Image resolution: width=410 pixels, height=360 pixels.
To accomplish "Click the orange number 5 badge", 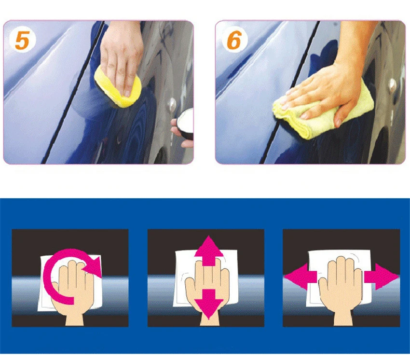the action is [22, 41].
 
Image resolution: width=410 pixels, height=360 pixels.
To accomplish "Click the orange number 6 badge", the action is [234, 40].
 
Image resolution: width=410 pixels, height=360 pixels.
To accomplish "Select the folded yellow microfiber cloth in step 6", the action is [324, 112].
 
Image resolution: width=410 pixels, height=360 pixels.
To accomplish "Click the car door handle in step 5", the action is [172, 105].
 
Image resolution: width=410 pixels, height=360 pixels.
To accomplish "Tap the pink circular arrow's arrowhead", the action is [95, 265].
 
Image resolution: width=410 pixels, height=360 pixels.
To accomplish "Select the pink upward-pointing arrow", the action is [209, 250].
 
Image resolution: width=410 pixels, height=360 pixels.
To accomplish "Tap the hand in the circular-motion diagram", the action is [73, 291].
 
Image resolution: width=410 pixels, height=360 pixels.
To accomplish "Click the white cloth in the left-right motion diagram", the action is [340, 278].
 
